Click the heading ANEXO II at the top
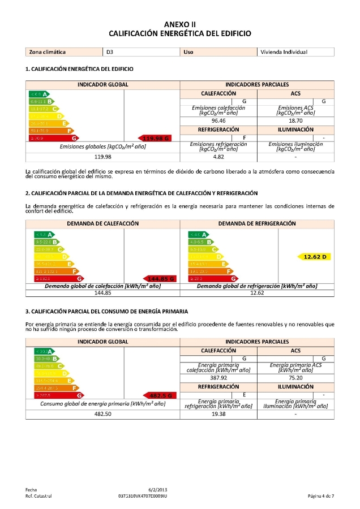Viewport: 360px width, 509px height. pyautogui.click(x=179, y=24)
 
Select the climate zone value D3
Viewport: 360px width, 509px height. pyautogui.click(x=110, y=52)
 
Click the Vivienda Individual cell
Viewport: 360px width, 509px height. pyautogui.click(x=284, y=52)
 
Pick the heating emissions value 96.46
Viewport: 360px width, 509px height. pyautogui.click(x=218, y=120)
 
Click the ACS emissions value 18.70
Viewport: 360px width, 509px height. pyautogui.click(x=295, y=120)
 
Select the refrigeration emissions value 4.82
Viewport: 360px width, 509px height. pyautogui.click(x=218, y=157)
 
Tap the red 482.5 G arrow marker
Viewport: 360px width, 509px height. pyautogui.click(x=161, y=395)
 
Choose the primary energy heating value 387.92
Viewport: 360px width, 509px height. pyautogui.click(x=218, y=378)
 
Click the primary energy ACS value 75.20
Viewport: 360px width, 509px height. pyautogui.click(x=295, y=378)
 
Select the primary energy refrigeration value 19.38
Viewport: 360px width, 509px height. pyautogui.click(x=218, y=414)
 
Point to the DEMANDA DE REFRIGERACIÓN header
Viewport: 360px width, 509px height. pyautogui.click(x=257, y=223)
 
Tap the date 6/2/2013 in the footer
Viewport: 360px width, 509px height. pyautogui.click(x=158, y=489)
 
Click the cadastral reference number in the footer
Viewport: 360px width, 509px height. pyautogui.click(x=143, y=496)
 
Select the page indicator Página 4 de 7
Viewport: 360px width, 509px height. pyautogui.click(x=320, y=496)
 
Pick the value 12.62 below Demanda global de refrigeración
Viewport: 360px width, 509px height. pyautogui.click(x=257, y=293)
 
